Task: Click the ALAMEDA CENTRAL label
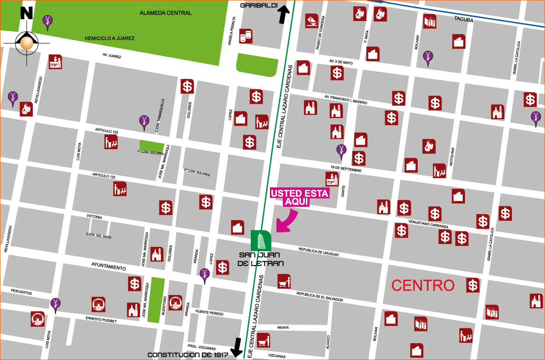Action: (x=166, y=13)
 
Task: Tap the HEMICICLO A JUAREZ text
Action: (x=109, y=38)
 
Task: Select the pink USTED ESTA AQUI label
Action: (x=300, y=197)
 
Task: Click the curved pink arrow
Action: (x=287, y=220)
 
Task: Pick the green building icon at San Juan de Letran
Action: (x=261, y=240)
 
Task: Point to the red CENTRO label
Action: (x=422, y=285)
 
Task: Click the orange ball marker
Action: (x=27, y=43)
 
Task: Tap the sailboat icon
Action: (x=312, y=21)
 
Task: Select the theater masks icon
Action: (x=246, y=36)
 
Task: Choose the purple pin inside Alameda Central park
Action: (x=47, y=21)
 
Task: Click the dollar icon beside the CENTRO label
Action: (x=473, y=285)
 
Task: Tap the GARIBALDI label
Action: (x=260, y=6)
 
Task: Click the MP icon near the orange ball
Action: (x=55, y=62)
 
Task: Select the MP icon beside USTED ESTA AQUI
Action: (x=332, y=178)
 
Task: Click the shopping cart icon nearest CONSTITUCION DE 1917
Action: (x=263, y=340)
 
